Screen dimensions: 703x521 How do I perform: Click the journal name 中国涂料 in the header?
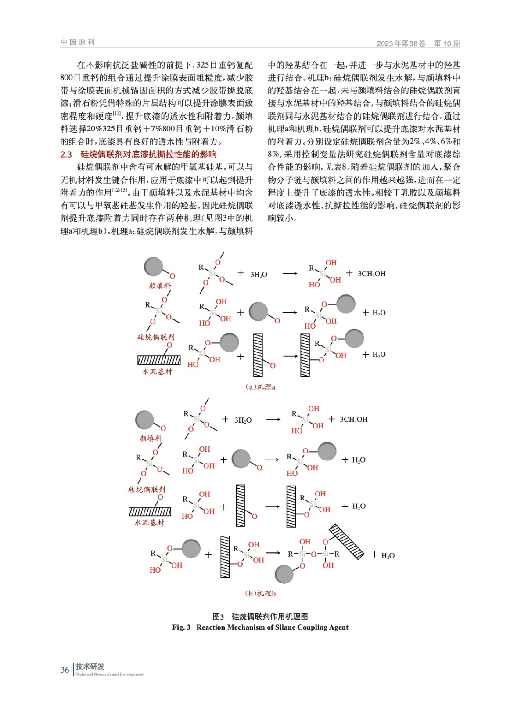78,42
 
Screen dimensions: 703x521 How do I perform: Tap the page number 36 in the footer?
65,670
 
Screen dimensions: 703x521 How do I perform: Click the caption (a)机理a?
260,387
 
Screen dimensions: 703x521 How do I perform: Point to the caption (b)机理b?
260,593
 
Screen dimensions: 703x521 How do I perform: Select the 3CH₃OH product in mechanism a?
371,274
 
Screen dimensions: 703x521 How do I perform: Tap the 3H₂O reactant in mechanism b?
243,420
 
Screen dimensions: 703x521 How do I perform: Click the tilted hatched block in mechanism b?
347,541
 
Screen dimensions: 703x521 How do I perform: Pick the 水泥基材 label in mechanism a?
157,372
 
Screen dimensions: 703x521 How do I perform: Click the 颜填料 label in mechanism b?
151,438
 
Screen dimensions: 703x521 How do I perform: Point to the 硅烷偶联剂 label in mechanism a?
156,337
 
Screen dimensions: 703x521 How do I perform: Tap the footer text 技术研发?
90,667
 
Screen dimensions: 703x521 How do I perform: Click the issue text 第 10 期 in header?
447,43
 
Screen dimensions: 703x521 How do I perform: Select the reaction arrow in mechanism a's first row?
290,273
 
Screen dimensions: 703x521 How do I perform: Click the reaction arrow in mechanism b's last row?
273,553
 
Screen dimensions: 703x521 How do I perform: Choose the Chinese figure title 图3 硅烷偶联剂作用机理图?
260,616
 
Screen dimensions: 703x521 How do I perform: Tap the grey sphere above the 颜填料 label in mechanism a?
154,267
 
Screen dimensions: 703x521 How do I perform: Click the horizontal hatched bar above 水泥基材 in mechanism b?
150,511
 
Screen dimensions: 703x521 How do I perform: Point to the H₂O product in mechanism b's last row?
388,555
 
